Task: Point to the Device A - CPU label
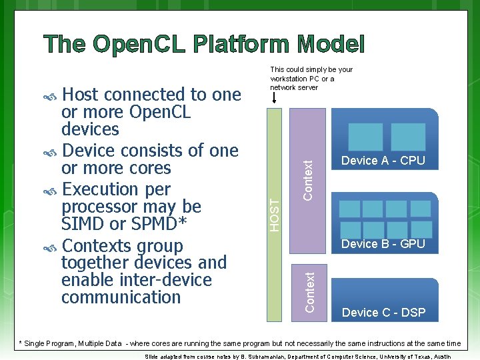pos(383,161)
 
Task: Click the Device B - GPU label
pos(383,244)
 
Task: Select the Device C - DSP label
pos(383,312)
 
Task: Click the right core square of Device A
pos(408,137)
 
